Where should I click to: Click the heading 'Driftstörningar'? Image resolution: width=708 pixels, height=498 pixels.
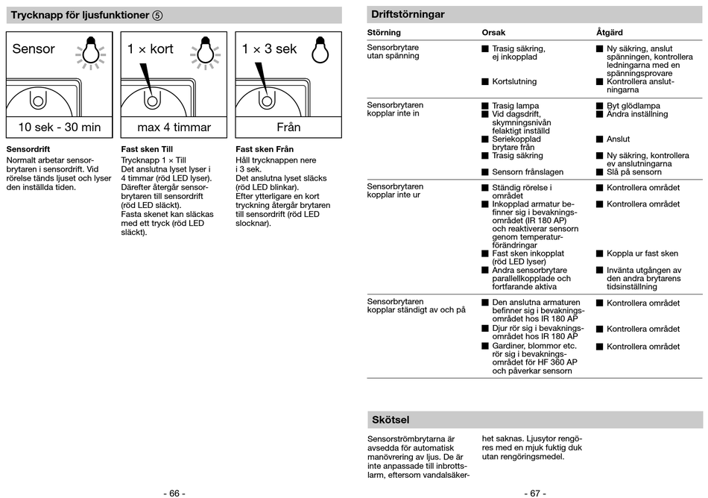click(x=408, y=14)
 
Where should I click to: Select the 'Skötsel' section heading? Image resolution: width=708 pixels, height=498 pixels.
click(x=391, y=420)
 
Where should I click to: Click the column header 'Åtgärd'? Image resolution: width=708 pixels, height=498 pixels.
click(x=609, y=33)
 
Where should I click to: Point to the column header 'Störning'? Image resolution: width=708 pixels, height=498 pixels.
click(x=384, y=33)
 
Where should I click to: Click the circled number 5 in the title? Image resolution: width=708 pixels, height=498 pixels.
click(x=157, y=15)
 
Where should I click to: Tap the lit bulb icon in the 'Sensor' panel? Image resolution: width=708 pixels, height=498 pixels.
click(x=89, y=51)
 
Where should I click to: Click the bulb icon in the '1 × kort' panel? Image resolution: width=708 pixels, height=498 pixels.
click(x=204, y=51)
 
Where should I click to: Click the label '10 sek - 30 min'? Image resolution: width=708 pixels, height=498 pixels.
click(x=60, y=127)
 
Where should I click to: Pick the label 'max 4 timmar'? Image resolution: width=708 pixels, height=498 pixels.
click(x=174, y=127)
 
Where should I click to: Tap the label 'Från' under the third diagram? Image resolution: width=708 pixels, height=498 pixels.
click(x=288, y=127)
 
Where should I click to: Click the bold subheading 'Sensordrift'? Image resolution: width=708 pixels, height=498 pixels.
click(x=28, y=150)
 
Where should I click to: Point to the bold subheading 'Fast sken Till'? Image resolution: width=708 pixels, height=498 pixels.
click(x=147, y=150)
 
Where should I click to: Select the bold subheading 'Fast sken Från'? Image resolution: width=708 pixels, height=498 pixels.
click(x=265, y=150)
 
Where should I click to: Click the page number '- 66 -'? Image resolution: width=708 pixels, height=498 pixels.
click(x=174, y=493)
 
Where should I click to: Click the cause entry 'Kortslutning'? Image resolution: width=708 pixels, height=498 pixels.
click(x=513, y=81)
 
